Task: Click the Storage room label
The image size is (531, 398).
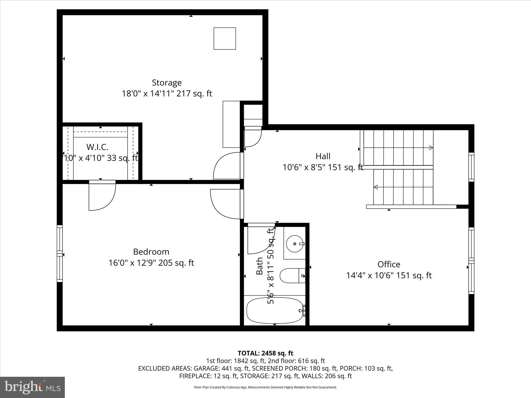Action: (x=167, y=83)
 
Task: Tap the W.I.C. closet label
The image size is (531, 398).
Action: (x=97, y=147)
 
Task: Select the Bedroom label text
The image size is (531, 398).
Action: (x=151, y=252)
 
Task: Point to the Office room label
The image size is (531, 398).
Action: (x=389, y=264)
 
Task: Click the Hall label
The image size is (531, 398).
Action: (x=323, y=156)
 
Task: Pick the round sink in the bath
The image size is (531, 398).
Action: (x=295, y=244)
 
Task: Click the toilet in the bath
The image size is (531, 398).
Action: (x=293, y=276)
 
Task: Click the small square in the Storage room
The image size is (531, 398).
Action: (x=225, y=38)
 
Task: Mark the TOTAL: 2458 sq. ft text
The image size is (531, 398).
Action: (x=265, y=353)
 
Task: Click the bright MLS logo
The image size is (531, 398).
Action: (x=32, y=387)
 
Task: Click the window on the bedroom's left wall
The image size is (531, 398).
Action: (x=60, y=253)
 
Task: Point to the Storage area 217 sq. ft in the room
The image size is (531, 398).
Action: (x=194, y=94)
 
